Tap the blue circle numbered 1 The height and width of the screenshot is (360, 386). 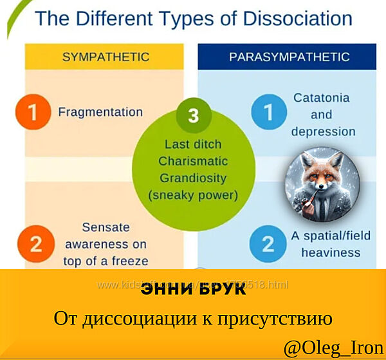pos(266,113)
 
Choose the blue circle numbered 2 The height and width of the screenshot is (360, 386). pos(266,243)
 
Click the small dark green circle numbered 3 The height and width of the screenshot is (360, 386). pos(193,116)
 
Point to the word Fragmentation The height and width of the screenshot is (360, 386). pos(100,112)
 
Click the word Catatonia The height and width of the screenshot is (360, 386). pos(322,98)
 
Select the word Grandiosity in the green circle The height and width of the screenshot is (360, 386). pos(193,177)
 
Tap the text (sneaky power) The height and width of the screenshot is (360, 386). pos(193,194)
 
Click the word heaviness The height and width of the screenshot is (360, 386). pos(331,252)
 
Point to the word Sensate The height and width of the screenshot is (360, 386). pos(106,227)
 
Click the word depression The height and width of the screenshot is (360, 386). pos(323,131)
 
